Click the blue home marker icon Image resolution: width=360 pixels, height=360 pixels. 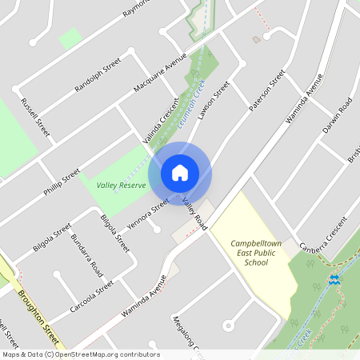point(180,172)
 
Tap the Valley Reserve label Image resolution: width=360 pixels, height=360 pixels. point(121,185)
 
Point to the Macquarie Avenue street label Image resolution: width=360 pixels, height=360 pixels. point(158,74)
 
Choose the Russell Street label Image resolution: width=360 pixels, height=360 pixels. point(36,116)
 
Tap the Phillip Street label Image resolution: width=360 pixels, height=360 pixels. point(62,183)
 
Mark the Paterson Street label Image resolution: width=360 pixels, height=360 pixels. point(266,91)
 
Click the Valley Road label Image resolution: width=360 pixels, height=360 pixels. point(194,214)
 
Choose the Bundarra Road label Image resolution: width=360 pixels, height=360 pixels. point(85,254)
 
